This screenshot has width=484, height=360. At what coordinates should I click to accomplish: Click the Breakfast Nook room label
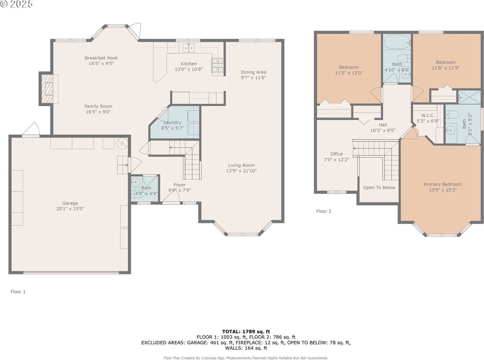point(101,58)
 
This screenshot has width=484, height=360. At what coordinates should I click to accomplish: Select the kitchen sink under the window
point(188,47)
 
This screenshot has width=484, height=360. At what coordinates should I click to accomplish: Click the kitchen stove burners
point(217,66)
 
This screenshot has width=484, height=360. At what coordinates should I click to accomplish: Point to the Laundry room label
point(172,122)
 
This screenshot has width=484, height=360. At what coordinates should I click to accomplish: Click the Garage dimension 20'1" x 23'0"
point(70,209)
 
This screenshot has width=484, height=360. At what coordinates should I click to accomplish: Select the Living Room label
point(241,165)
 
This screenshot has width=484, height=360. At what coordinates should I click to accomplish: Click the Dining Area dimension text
point(253,78)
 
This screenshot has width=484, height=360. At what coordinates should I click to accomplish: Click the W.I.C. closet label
point(428,115)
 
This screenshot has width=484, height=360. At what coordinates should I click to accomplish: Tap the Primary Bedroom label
point(443,184)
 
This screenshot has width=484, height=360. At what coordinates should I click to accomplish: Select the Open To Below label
point(379,187)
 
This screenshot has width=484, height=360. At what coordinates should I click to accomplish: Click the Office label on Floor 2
point(336,154)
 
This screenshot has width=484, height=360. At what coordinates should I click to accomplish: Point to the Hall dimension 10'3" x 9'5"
point(383,131)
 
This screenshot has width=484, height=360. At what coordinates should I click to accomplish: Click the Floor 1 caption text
point(18,292)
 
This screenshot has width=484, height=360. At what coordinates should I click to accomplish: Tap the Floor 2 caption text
point(324,211)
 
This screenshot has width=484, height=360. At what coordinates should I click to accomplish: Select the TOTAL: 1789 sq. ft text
point(246,332)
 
